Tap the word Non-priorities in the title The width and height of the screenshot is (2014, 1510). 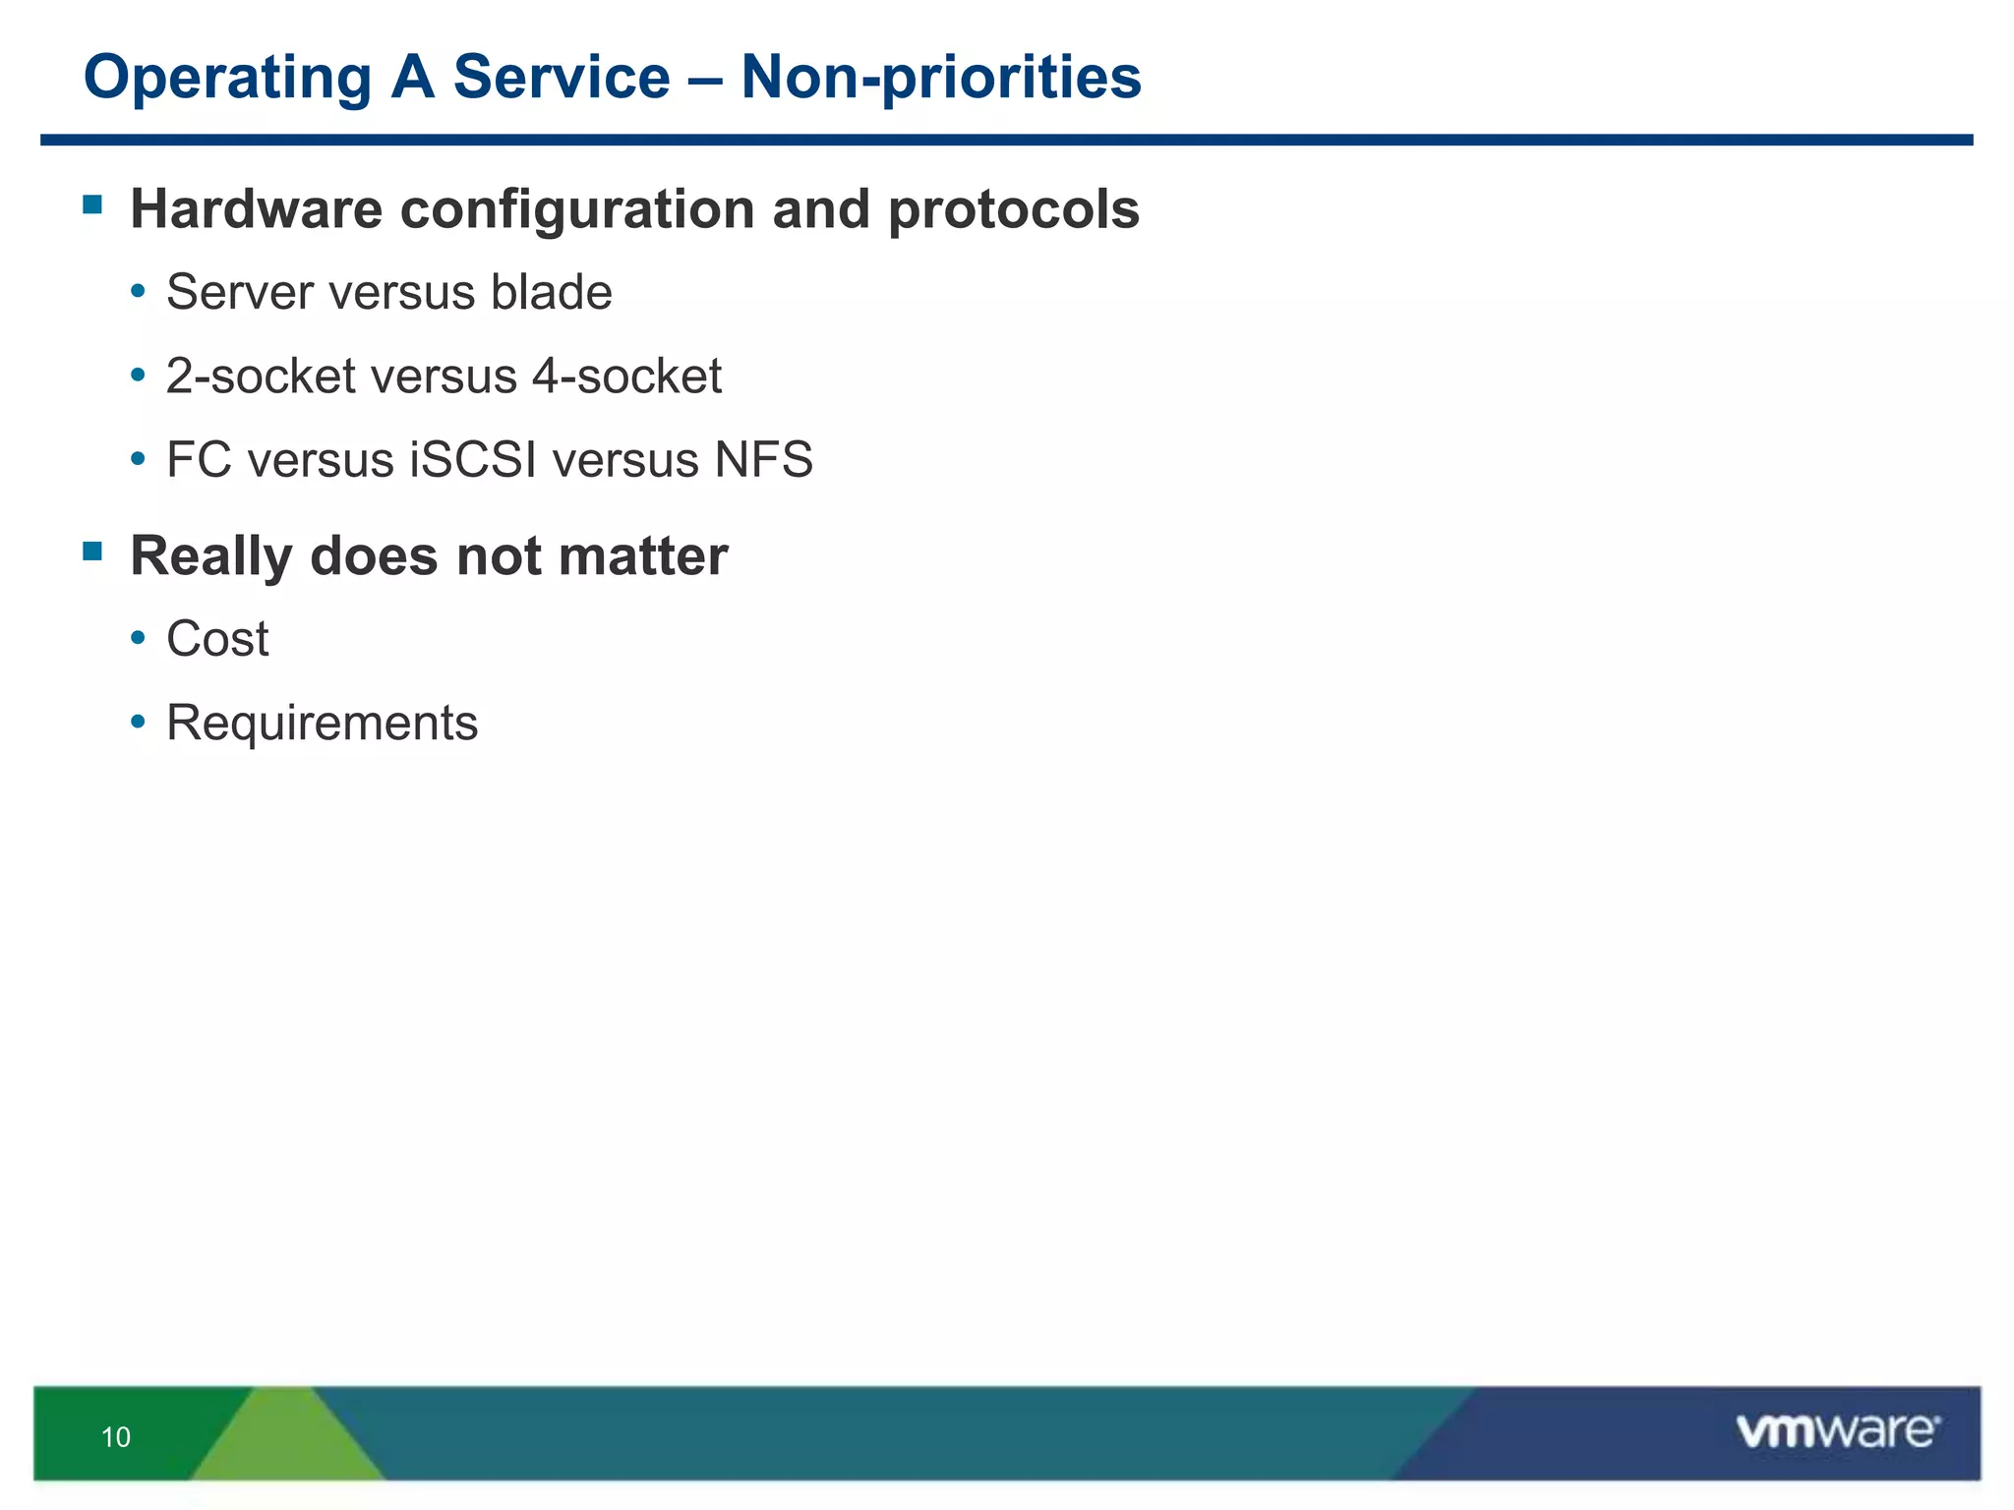click(941, 79)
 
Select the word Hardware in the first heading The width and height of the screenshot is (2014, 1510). click(256, 210)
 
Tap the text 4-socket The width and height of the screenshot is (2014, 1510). click(626, 377)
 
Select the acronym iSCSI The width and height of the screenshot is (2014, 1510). click(473, 460)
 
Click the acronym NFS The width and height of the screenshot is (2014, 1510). click(764, 460)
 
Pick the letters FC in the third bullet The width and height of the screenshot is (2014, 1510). click(199, 460)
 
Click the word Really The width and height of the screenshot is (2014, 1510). click(211, 557)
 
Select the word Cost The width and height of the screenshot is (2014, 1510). click(217, 640)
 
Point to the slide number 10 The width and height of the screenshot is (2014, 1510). click(116, 1437)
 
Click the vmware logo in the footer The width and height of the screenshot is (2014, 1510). click(1837, 1431)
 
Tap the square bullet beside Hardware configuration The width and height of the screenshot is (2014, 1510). click(93, 205)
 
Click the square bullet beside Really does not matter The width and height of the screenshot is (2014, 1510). click(93, 552)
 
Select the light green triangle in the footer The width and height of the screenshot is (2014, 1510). click(287, 1440)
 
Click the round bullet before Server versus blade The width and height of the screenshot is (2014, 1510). click(139, 293)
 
